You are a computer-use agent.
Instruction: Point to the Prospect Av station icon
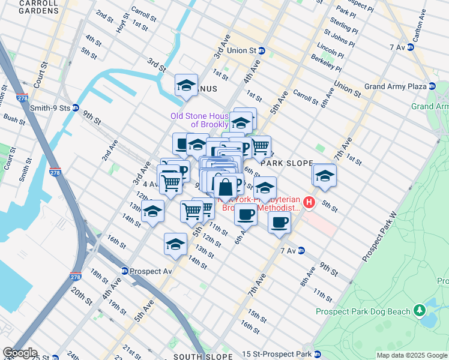[x=125, y=271]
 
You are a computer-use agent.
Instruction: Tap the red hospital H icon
[x=309, y=203]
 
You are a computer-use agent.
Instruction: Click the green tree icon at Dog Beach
[x=420, y=311]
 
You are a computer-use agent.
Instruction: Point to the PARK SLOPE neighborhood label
[x=288, y=163]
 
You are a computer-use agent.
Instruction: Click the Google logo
[x=20, y=353]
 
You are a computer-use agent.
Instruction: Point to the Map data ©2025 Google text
[x=411, y=355]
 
